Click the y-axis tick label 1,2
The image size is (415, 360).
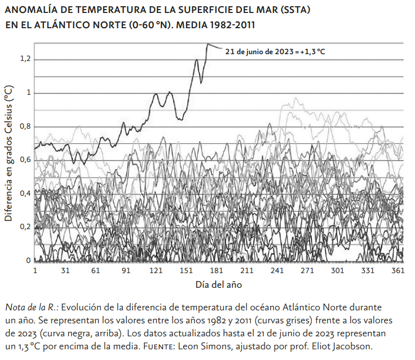tap(25, 60)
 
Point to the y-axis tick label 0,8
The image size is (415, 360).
tap(25, 126)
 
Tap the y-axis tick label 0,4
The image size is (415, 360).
tap(25, 194)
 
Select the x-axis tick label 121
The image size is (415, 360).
tap(156, 271)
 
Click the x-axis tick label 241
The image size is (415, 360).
tap(277, 271)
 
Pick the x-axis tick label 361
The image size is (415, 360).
tap(398, 271)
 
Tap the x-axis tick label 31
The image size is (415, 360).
tap(65, 271)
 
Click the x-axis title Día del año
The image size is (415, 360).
tap(219, 284)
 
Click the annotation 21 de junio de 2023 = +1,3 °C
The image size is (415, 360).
tap(275, 51)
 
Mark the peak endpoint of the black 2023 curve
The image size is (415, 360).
tap(207, 44)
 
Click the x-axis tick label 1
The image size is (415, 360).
tap(35, 271)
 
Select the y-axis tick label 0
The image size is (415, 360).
tap(28, 261)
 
